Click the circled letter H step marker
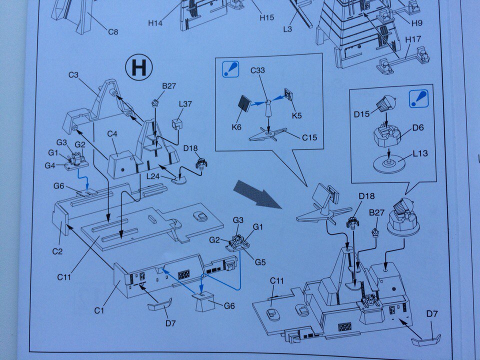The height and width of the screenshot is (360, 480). click(138, 67)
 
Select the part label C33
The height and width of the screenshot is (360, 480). click(257, 70)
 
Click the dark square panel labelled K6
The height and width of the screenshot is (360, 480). click(245, 104)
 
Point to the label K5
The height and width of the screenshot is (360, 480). click(296, 115)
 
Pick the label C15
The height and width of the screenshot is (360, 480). click(309, 138)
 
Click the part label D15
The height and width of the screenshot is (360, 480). click(361, 114)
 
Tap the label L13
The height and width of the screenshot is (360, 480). click(420, 153)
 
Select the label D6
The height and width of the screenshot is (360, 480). click(418, 127)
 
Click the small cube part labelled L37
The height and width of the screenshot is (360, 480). click(177, 124)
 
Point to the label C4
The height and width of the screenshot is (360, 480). click(112, 134)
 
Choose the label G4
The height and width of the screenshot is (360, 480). click(50, 165)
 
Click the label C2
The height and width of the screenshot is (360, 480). click(57, 251)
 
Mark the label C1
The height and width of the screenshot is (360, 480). click(99, 310)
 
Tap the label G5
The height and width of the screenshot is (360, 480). click(260, 262)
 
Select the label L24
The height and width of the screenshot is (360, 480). click(153, 176)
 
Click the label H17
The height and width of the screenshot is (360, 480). click(413, 39)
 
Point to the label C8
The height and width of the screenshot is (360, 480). click(113, 31)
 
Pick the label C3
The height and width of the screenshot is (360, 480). click(73, 74)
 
